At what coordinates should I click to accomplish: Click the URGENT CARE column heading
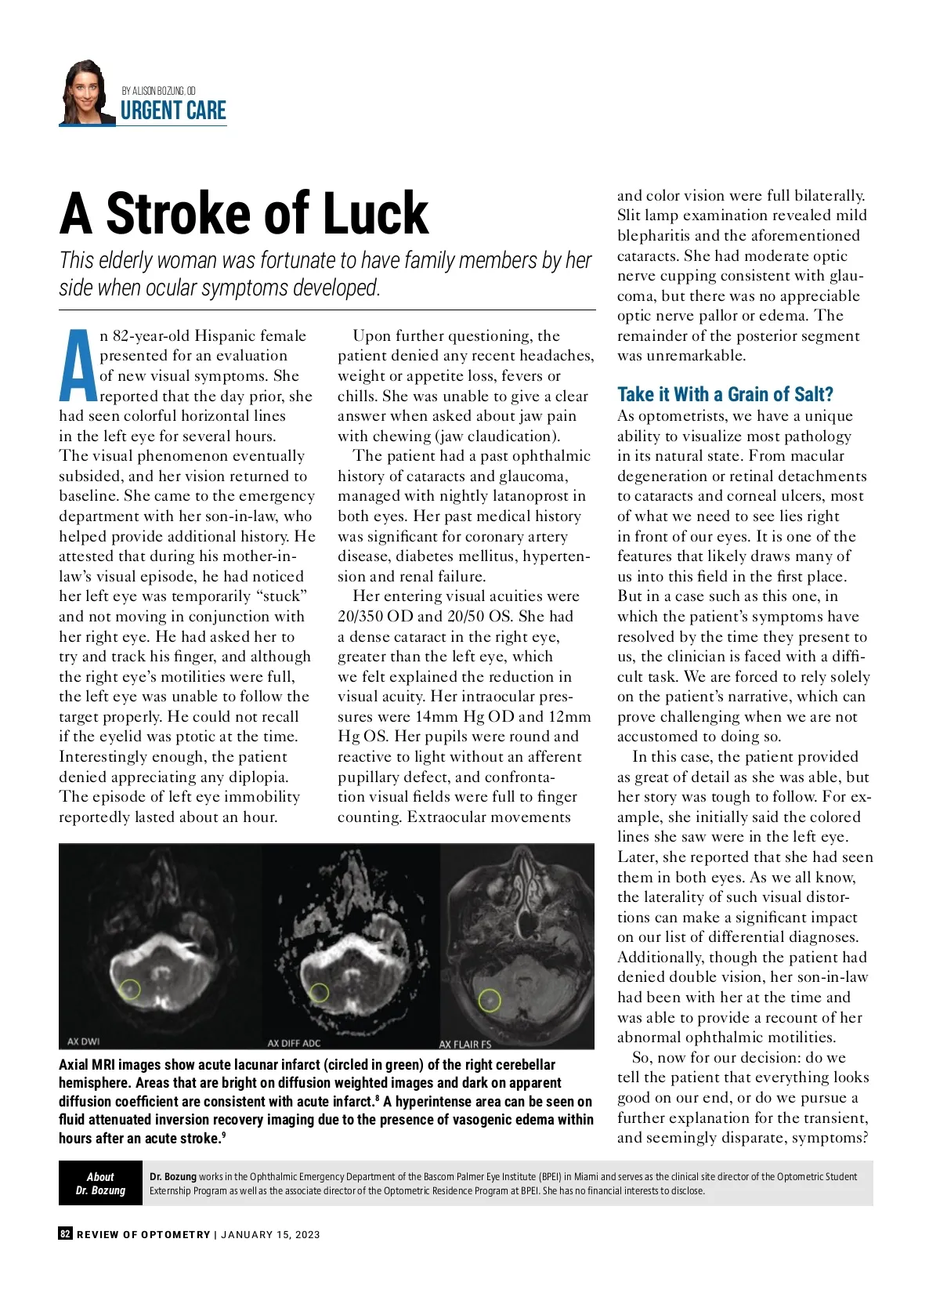point(173,111)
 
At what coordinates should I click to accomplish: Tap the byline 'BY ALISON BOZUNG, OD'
point(159,91)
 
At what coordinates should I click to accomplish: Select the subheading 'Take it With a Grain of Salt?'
point(725,394)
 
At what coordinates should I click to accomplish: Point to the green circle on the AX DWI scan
point(131,989)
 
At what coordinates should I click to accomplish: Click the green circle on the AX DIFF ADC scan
point(319,993)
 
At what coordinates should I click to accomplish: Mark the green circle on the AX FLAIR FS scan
point(490,1000)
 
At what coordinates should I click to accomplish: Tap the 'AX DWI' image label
point(83,1041)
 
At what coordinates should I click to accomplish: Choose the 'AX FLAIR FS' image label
point(465,1044)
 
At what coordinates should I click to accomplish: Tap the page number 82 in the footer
point(66,1234)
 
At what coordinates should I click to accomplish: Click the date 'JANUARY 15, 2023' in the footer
point(270,1235)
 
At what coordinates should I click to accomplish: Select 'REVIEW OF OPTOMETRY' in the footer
point(143,1235)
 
